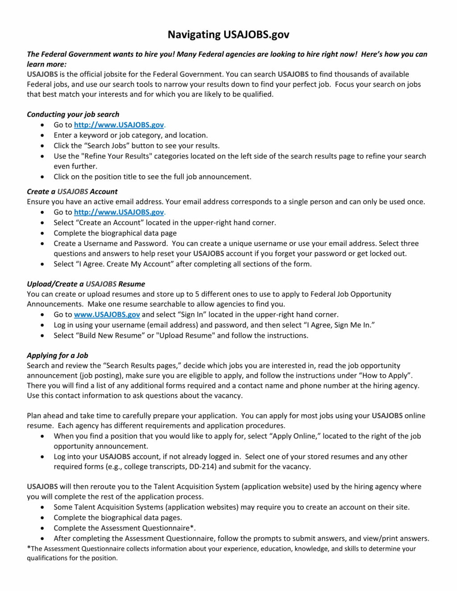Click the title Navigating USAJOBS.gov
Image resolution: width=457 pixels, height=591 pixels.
228,35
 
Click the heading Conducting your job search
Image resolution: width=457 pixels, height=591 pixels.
73,114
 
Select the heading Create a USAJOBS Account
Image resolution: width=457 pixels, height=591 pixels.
72,191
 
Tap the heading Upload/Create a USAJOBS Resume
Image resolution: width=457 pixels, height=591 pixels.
86,284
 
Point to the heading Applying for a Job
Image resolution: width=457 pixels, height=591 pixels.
57,355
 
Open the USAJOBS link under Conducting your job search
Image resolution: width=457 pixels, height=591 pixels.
119,125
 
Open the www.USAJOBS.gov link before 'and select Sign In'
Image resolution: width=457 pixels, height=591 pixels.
107,314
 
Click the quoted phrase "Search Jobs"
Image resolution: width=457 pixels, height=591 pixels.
104,145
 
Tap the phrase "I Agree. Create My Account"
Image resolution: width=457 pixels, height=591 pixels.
125,264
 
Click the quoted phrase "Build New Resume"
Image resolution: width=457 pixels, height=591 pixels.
110,335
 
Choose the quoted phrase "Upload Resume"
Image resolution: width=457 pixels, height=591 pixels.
185,335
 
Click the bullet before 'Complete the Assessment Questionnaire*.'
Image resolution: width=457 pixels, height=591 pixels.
42,528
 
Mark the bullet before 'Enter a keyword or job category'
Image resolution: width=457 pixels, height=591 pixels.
42,135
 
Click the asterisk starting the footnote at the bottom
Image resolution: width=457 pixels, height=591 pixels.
29,548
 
